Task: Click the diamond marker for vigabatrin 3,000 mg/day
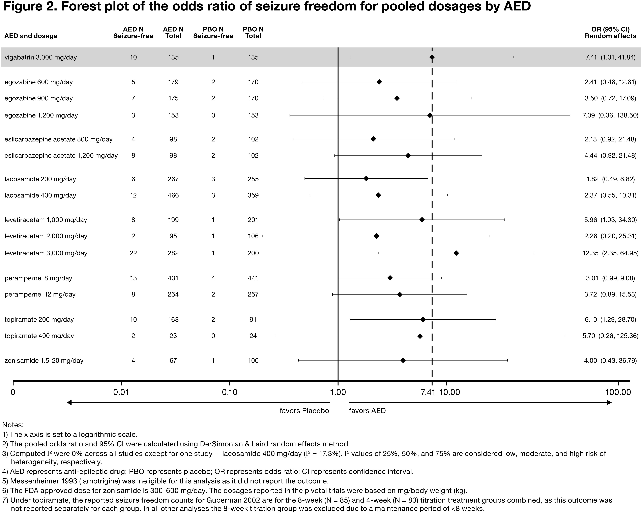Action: [x=432, y=57]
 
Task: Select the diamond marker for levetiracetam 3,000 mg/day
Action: [x=456, y=253]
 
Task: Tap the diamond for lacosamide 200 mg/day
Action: [x=366, y=179]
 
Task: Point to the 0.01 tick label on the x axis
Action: [x=121, y=392]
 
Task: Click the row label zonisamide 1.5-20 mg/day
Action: [x=44, y=361]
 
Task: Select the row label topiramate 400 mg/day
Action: [x=39, y=336]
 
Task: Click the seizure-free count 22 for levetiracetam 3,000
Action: [x=133, y=253]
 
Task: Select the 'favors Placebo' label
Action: [x=304, y=411]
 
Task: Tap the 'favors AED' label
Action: [x=367, y=411]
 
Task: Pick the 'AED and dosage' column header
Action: [x=31, y=36]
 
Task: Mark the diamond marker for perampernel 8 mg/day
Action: [x=390, y=278]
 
